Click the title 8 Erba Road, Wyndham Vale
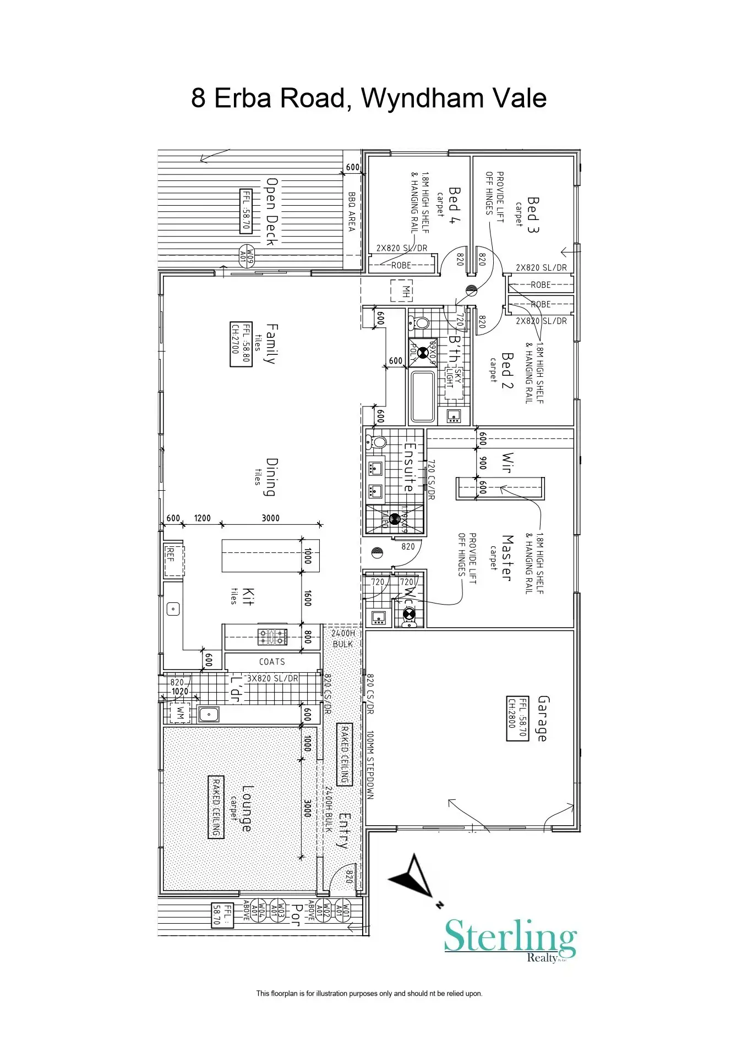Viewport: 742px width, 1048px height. (369, 98)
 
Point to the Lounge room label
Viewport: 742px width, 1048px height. (247, 809)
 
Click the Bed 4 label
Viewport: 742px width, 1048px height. (454, 205)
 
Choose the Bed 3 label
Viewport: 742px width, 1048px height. (532, 215)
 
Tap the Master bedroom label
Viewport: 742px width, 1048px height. (507, 558)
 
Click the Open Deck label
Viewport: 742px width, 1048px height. (271, 211)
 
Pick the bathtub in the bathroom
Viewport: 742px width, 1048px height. (423, 396)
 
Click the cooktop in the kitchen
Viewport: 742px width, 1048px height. (273, 637)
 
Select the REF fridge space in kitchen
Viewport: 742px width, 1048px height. (174, 560)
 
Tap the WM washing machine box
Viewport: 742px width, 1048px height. (179, 713)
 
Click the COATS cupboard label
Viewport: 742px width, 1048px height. (272, 662)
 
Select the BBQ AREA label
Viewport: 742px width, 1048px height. (352, 211)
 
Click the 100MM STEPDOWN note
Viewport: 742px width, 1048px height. (370, 765)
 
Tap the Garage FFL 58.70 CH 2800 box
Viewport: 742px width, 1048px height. (517, 718)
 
